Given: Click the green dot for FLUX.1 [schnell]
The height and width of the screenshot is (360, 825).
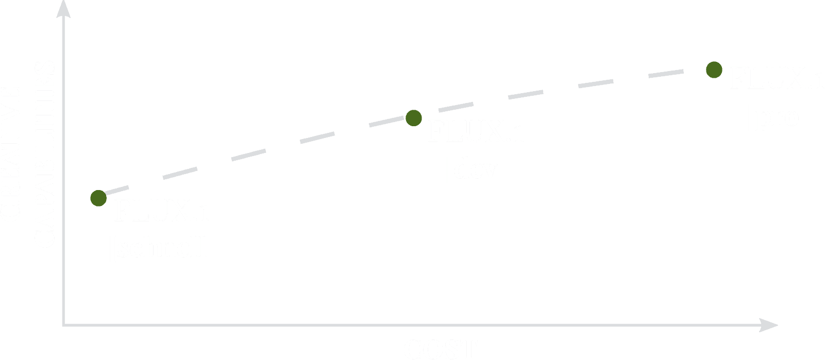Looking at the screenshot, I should click(98, 198).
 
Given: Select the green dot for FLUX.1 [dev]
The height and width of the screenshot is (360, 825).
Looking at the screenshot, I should click(413, 118).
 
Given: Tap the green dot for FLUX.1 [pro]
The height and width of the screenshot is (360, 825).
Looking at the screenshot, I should click(714, 70).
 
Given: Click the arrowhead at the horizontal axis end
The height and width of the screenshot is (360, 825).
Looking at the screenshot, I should click(770, 325).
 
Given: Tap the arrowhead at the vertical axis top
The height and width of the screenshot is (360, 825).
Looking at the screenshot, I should click(62, 7).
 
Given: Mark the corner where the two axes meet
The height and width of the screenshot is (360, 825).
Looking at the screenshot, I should click(63, 325).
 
